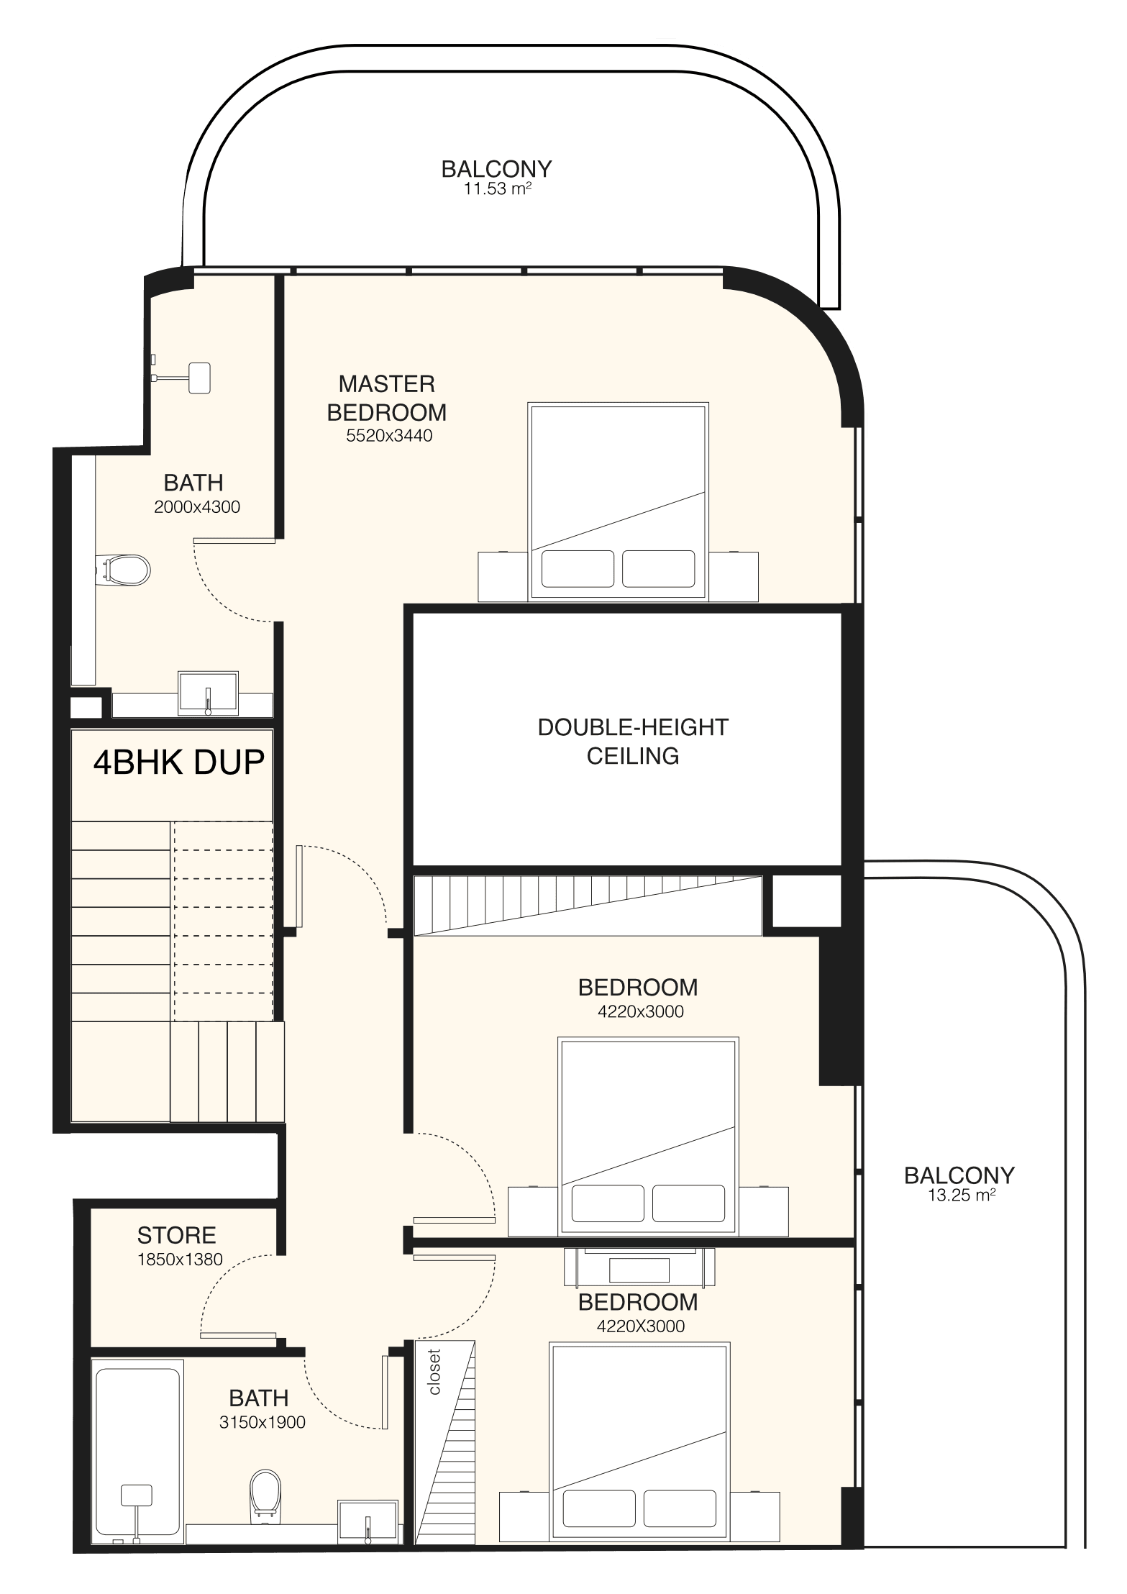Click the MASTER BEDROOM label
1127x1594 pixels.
pos(387,398)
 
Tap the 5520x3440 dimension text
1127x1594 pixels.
pos(389,435)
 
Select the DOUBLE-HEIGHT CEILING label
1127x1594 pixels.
pos(633,741)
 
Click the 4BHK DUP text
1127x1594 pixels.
pos(179,762)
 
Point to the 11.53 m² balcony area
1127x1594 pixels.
pos(497,189)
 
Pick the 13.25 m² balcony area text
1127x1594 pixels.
pos(960,1195)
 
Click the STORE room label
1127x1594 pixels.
pos(177,1235)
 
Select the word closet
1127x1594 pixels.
pos(434,1371)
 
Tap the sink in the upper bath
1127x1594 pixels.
pos(209,694)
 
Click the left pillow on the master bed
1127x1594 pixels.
pos(578,568)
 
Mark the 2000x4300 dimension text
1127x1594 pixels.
pos(197,506)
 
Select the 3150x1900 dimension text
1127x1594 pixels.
pos(263,1422)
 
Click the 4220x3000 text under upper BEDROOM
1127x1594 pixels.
pos(641,1011)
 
